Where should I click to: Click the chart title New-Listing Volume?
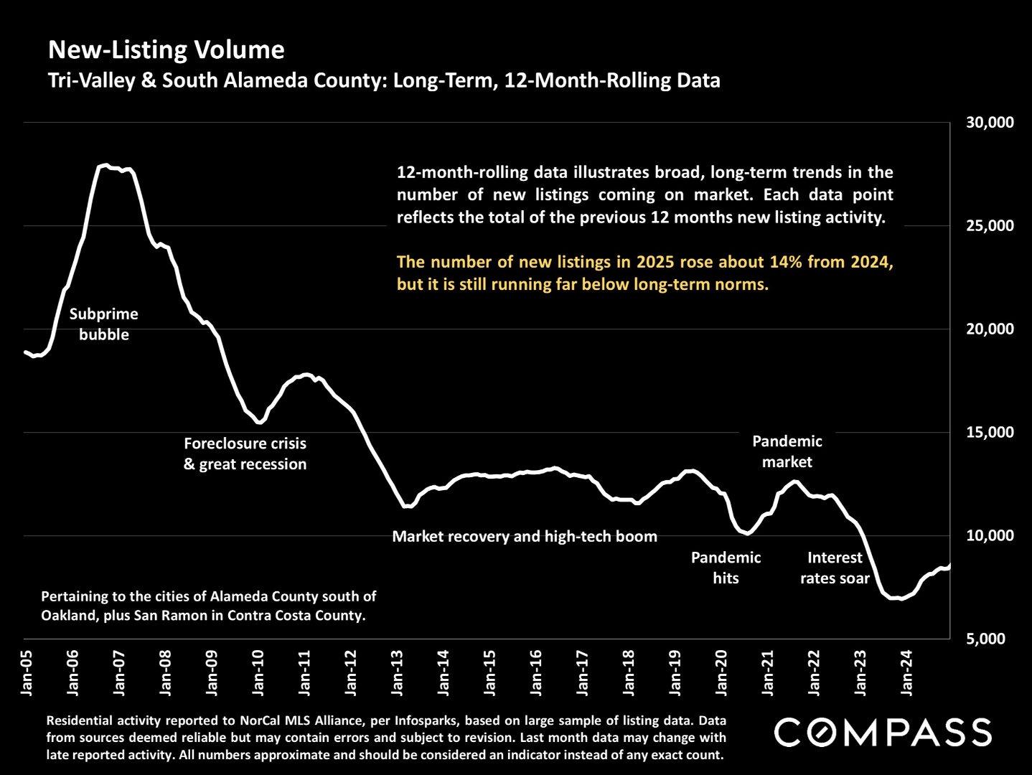166,50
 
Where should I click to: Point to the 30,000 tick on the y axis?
990,123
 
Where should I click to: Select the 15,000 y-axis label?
990,432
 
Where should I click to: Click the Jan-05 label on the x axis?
27,672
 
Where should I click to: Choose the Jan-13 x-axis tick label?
398,672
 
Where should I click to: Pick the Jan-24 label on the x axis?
906,672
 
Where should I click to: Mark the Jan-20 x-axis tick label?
721,672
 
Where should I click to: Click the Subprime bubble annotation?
104,324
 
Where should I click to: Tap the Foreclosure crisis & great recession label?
245,454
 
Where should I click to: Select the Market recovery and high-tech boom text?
525,537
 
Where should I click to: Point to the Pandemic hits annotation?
726,568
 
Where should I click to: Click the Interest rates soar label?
835,568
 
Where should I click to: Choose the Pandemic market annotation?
787,451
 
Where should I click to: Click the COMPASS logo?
883,733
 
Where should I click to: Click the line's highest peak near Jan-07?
105,165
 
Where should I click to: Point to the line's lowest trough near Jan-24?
901,598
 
